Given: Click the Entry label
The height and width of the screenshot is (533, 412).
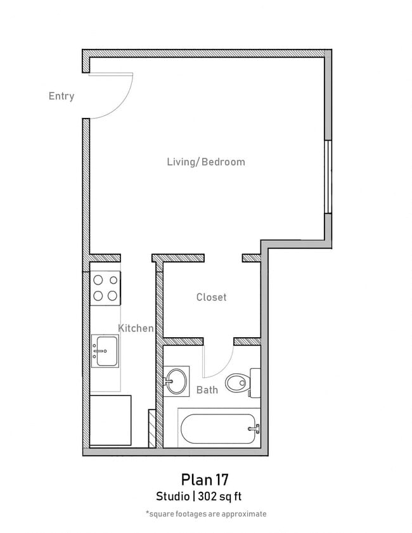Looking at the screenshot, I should pos(61,96).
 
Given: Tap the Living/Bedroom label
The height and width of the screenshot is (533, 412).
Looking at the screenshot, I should pos(205,162).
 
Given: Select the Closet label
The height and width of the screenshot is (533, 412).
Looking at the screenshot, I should pos(211,297).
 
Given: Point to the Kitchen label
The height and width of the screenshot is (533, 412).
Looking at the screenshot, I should pos(136,328).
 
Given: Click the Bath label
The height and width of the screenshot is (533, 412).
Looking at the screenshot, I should pos(207,389).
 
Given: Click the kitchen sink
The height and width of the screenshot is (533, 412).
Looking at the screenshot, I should pos(104,350).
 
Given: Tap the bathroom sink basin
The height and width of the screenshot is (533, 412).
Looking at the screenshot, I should pos(176,382).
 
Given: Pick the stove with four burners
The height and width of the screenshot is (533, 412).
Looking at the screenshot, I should pos(105,286).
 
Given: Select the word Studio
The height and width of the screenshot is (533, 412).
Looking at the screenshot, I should pos(174,496).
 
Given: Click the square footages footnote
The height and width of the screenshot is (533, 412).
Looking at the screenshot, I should pos(206,514).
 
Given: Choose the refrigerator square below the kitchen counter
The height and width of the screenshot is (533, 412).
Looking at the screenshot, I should pos(110,420).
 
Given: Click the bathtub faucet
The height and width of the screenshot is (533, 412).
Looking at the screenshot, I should pos(254,429).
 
